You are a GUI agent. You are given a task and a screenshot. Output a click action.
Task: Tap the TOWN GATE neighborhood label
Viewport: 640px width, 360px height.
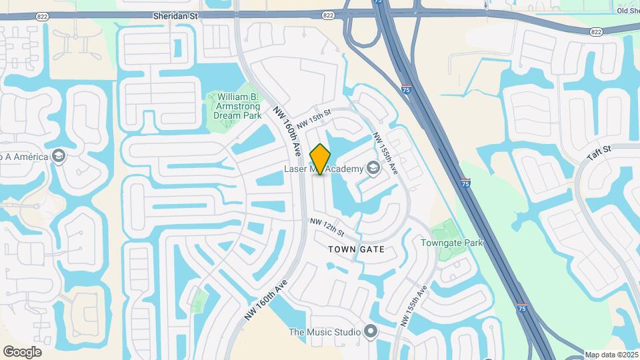click(x=356, y=249)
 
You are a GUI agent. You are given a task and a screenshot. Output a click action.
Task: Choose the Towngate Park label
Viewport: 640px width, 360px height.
click(x=451, y=243)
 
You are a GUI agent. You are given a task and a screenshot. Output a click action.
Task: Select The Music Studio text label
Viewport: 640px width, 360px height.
click(x=324, y=332)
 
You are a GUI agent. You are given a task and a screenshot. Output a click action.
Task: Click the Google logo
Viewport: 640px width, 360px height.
click(x=22, y=352)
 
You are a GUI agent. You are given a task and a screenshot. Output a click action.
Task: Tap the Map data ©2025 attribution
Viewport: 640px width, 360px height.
click(x=611, y=355)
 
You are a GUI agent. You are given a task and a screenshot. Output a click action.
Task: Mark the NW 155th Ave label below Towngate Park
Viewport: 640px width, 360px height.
click(x=413, y=307)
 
